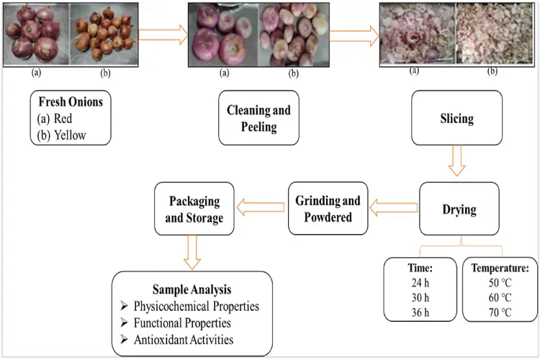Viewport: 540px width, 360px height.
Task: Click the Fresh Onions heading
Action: tap(71, 102)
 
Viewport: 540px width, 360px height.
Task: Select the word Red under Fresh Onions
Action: tap(63, 119)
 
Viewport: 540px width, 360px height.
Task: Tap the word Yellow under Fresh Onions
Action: tap(70, 135)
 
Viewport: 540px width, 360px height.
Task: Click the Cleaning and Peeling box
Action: tap(258, 118)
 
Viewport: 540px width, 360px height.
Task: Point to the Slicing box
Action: tap(456, 118)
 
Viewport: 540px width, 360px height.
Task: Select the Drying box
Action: tap(459, 209)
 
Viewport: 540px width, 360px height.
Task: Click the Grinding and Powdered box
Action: tap(328, 208)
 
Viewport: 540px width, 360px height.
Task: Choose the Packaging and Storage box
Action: tap(194, 209)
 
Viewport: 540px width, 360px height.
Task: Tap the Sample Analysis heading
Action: tap(192, 289)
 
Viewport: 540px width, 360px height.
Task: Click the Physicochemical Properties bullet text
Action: tap(197, 306)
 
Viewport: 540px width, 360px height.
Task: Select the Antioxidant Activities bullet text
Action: tap(184, 340)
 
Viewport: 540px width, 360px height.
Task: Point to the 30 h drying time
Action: tap(420, 297)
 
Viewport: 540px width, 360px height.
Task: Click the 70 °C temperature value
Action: tap(500, 312)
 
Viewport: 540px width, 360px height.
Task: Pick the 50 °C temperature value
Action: tap(500, 283)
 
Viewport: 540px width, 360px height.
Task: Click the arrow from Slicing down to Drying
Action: tap(456, 161)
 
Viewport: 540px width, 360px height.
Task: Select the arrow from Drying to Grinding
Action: tap(394, 207)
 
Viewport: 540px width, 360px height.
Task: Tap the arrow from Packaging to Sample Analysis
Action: tap(192, 252)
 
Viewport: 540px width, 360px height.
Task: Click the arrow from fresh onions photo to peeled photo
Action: tap(163, 35)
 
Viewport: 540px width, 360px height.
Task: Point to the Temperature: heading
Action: tap(500, 268)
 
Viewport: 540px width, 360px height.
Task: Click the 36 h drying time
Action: tap(420, 312)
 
